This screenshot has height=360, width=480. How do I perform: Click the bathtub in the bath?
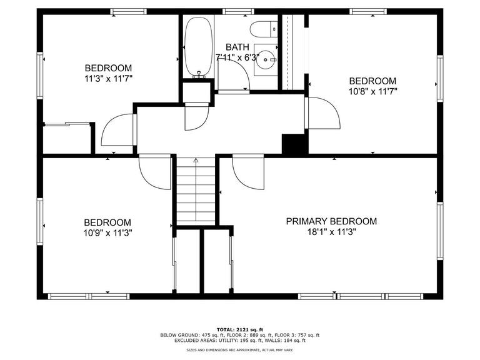click(x=199, y=47)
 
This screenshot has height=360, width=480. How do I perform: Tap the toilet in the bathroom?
click(x=263, y=28)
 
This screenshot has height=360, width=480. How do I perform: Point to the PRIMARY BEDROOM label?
click(x=331, y=221)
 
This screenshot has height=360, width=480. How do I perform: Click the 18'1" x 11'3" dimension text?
click(x=331, y=232)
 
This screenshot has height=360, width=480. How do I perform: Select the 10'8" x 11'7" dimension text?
click(x=372, y=91)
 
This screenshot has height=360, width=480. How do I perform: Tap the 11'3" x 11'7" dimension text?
click(x=108, y=79)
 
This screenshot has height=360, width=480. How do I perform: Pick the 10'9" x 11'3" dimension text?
click(x=107, y=232)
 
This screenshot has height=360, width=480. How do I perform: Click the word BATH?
click(x=237, y=47)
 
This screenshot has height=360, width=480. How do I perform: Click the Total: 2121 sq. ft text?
click(x=239, y=329)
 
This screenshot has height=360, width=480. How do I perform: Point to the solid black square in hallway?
click(x=294, y=144)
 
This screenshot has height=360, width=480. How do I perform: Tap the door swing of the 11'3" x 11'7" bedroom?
click(x=117, y=132)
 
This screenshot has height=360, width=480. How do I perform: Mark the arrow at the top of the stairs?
click(x=196, y=161)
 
